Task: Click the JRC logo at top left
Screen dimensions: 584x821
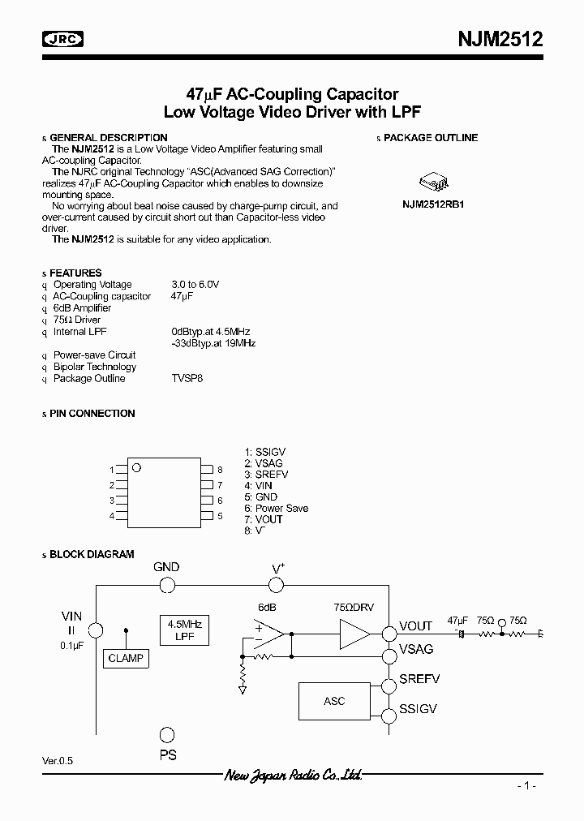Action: (x=64, y=38)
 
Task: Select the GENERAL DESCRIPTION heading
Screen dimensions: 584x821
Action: (x=109, y=138)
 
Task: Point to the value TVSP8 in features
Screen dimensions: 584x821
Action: (x=187, y=379)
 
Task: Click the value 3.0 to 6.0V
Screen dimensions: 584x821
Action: (x=195, y=285)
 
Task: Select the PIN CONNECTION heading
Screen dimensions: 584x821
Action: (x=92, y=414)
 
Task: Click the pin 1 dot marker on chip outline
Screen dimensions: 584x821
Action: (x=137, y=467)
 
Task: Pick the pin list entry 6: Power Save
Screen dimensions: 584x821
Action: (x=276, y=509)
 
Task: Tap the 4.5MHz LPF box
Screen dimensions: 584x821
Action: (x=184, y=630)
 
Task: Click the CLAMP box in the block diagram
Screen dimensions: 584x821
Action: (x=126, y=659)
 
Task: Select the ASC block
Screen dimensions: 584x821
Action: (x=334, y=701)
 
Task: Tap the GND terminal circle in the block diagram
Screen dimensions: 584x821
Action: (x=166, y=586)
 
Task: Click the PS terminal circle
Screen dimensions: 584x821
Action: (x=166, y=735)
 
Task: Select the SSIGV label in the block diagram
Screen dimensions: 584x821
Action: (x=419, y=709)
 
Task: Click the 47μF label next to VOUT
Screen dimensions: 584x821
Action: (x=459, y=621)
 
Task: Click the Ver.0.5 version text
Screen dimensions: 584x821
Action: (x=62, y=762)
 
